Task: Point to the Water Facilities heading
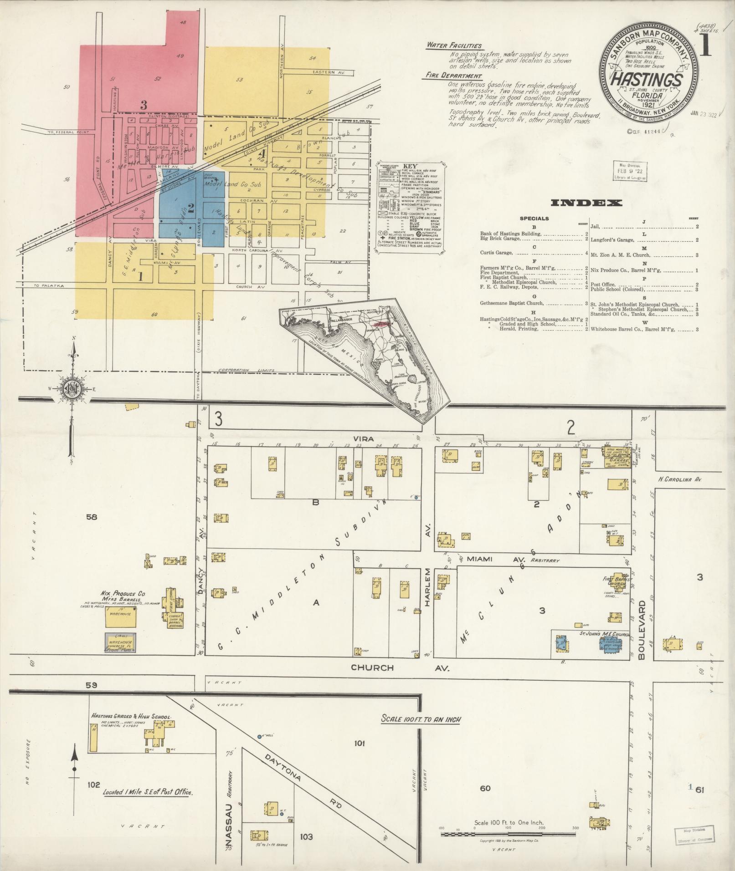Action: coord(454,46)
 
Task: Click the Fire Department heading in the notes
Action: coord(453,76)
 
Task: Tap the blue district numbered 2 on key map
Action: coord(191,208)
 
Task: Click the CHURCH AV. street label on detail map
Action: coord(400,668)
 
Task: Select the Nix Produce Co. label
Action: coord(123,594)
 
